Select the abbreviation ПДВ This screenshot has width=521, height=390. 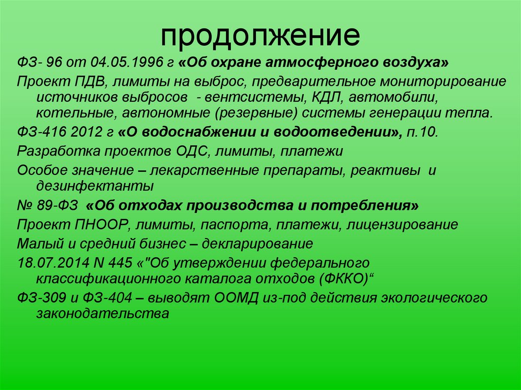click(84, 81)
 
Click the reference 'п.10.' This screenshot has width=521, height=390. click(422, 133)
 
